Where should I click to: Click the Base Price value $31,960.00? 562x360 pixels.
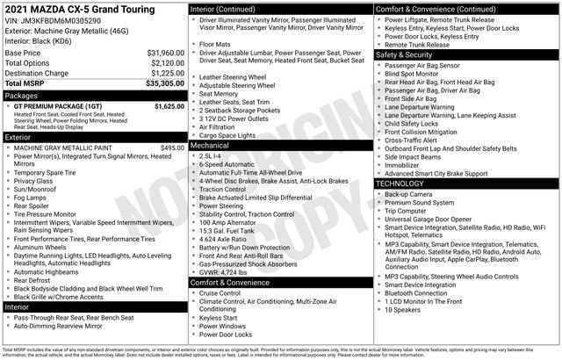[x=165, y=53]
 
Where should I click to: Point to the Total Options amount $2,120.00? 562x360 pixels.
[x=167, y=63]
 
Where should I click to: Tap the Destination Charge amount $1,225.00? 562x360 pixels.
[x=167, y=74]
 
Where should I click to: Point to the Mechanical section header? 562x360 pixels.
[x=212, y=145]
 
